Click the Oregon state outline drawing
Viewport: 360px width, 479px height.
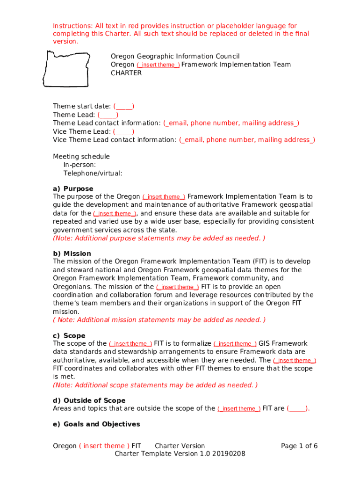(x=66, y=68)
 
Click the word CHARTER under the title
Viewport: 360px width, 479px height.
(x=126, y=73)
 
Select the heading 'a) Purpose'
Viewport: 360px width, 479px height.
(x=73, y=189)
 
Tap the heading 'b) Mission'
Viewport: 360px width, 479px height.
(x=72, y=254)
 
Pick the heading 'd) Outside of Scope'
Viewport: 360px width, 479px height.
(x=89, y=400)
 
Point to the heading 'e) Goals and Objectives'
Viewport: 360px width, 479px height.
(x=96, y=424)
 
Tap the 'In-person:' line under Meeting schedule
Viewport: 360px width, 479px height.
(x=80, y=165)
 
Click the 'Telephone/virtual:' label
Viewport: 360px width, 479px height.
(x=93, y=173)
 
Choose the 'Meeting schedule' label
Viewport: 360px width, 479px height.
(x=81, y=156)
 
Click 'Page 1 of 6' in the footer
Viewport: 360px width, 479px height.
(x=299, y=446)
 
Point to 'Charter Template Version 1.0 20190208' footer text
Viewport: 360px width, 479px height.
(x=180, y=454)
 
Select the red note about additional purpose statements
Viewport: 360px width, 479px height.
(x=159, y=238)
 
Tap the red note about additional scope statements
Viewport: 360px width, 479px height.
(x=155, y=385)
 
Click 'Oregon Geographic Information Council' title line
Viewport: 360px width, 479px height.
(x=175, y=56)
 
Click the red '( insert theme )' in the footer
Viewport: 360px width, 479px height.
(x=104, y=446)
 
